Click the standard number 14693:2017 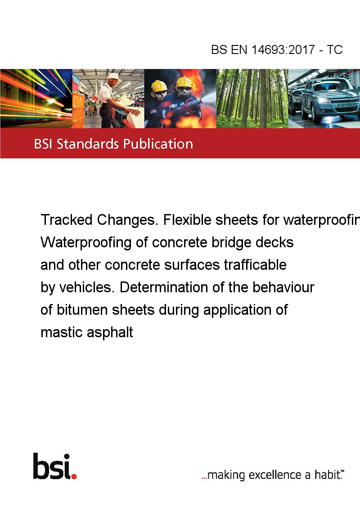click(283, 49)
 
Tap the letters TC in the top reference click(335, 49)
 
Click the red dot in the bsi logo click(74, 476)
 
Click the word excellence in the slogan click(275, 475)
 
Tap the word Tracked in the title click(67, 220)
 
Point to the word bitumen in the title click(82, 310)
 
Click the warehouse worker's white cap click(114, 76)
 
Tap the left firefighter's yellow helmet click(159, 87)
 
